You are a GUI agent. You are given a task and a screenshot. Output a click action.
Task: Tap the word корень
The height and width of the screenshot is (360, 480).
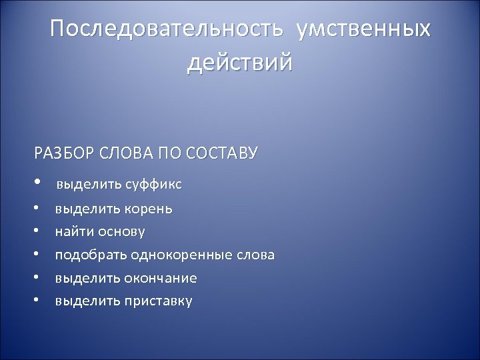(147, 209)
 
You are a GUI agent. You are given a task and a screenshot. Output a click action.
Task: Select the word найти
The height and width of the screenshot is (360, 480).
(73, 232)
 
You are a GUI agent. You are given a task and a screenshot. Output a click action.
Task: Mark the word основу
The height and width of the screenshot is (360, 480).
(120, 232)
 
